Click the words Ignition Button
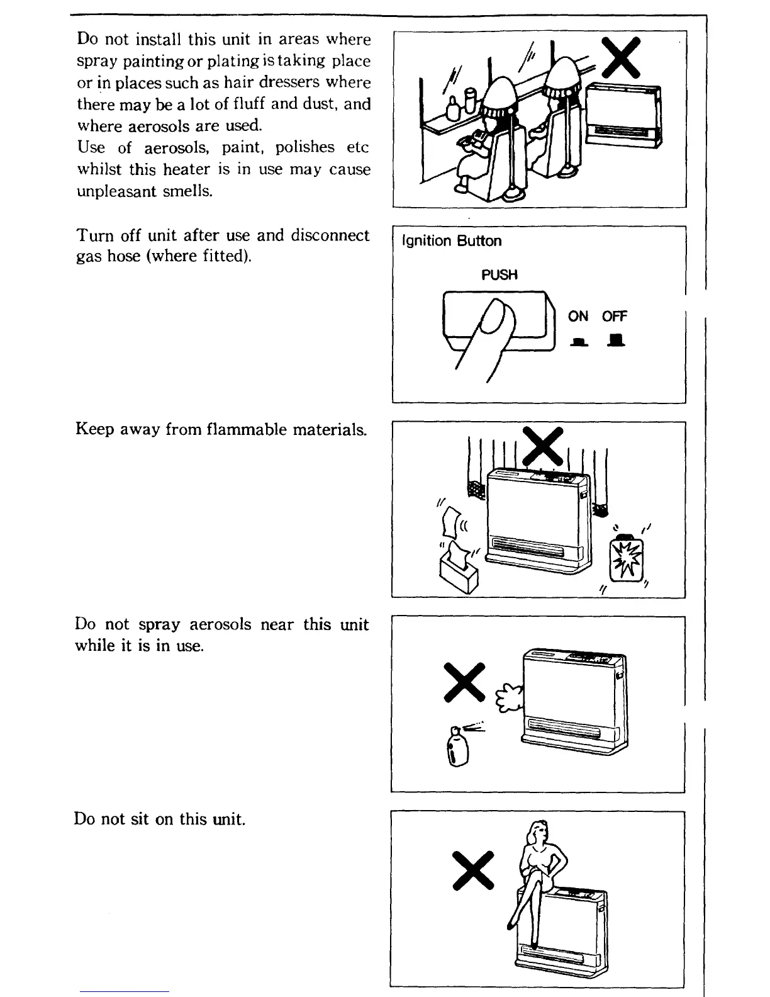click(x=452, y=242)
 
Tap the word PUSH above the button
click(x=499, y=275)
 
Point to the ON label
click(x=578, y=317)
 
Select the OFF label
click(x=615, y=317)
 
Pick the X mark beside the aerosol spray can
click(x=464, y=682)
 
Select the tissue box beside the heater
click(x=458, y=570)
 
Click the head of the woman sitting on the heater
click(x=540, y=831)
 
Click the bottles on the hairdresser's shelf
click(x=460, y=104)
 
